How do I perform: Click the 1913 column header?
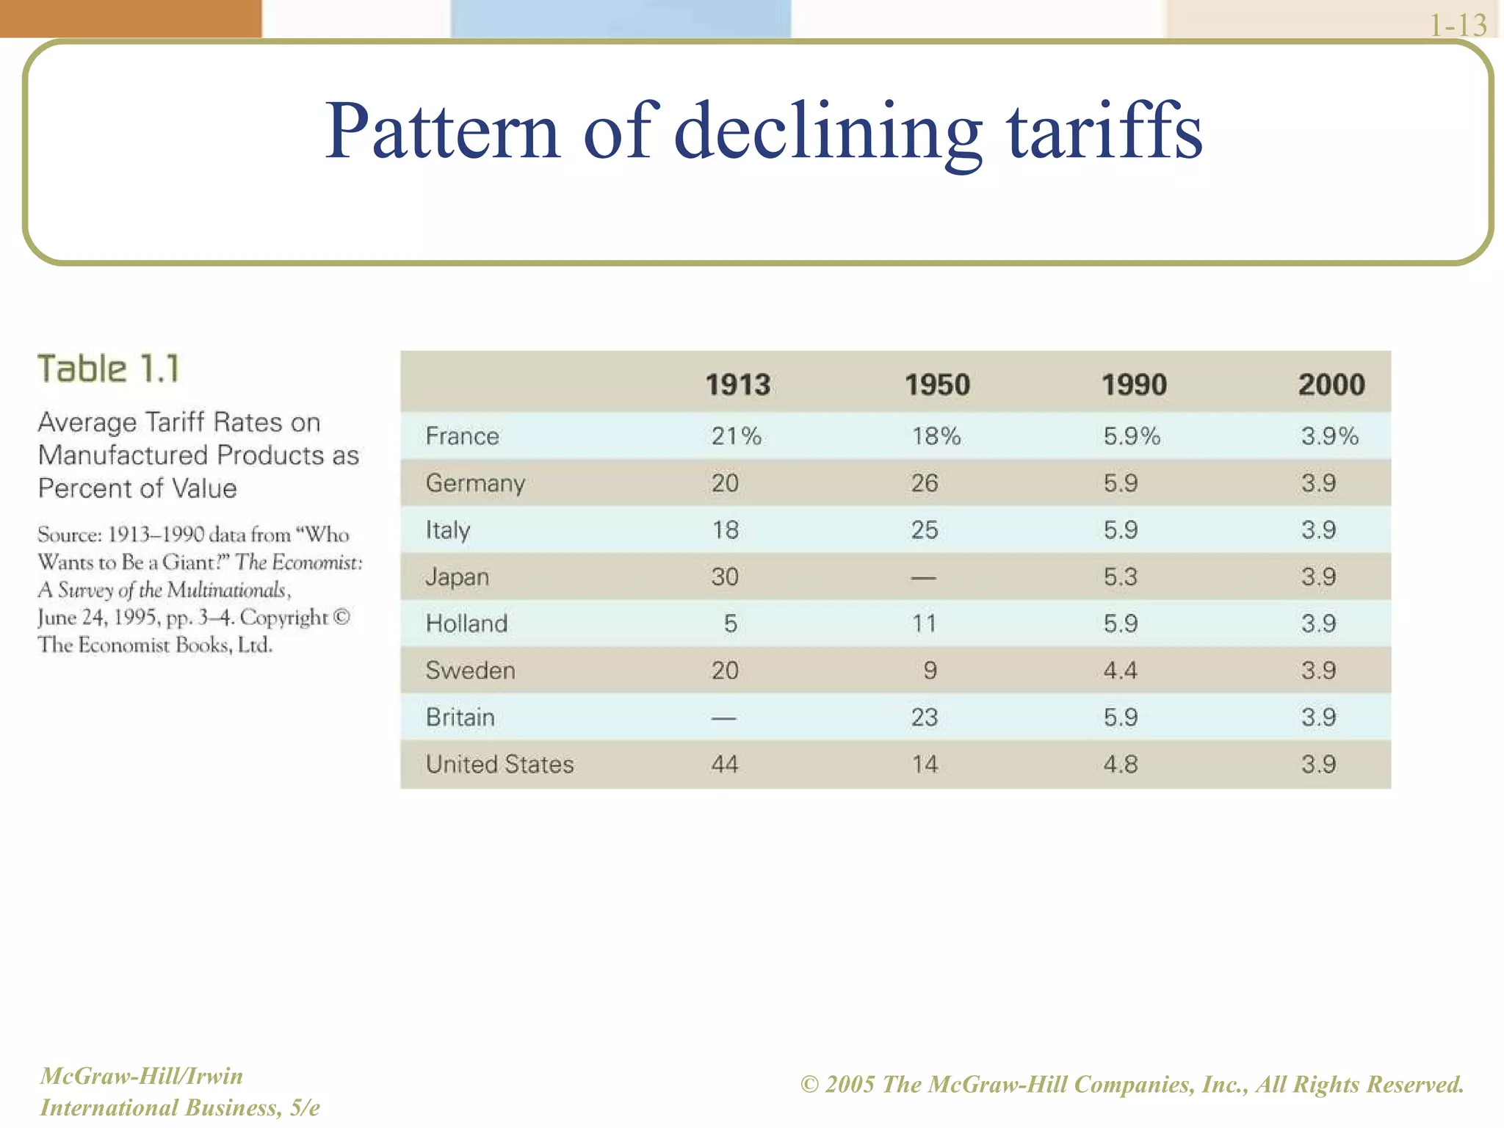(737, 385)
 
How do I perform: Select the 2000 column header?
(1331, 385)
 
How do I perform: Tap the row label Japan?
(457, 577)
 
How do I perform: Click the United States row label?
(499, 764)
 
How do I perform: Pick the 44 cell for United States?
(724, 764)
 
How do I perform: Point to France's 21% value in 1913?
(736, 436)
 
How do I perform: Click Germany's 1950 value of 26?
(925, 483)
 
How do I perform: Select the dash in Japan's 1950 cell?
(923, 578)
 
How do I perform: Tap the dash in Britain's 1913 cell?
(723, 718)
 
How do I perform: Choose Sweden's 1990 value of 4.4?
(1120, 670)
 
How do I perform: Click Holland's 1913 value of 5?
(730, 624)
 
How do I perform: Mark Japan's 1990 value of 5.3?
(1120, 577)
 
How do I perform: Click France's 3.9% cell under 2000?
(1329, 436)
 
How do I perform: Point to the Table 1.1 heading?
(109, 369)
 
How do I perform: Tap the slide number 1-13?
(1458, 26)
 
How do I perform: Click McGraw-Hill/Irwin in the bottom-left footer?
(141, 1076)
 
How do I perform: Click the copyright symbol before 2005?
(809, 1085)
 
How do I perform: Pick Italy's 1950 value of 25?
(925, 530)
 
